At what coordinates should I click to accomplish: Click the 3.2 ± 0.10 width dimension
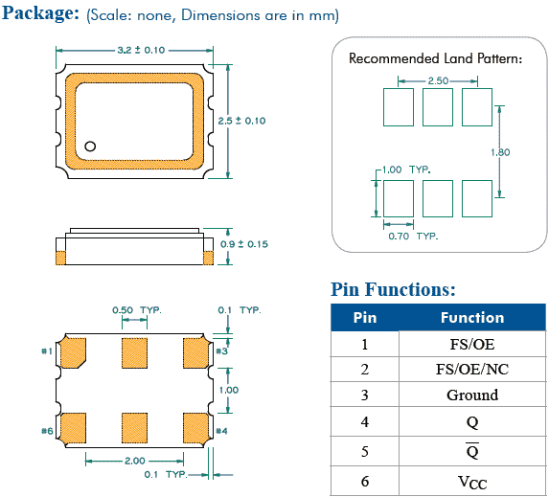pos(141,50)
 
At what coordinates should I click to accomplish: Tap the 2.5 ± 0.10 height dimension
pos(241,121)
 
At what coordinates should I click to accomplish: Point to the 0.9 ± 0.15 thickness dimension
pos(244,244)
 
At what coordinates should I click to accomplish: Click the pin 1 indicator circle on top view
pos(90,146)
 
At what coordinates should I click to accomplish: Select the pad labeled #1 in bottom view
pos(73,352)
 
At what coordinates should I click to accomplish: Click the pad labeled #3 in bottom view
pos(195,352)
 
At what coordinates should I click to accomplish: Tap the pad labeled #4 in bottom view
pos(195,428)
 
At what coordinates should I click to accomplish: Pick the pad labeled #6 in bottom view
pos(73,428)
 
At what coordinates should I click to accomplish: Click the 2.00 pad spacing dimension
pos(135,461)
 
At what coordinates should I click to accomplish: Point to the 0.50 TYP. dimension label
pos(137,310)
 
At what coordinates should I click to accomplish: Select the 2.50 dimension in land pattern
pos(438,80)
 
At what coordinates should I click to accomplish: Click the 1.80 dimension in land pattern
pos(500,152)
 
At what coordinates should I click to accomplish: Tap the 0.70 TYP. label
pos(413,237)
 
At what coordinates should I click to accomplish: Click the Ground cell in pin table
pos(472,395)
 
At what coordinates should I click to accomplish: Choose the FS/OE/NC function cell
pos(472,370)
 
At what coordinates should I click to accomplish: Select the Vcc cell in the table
pos(472,482)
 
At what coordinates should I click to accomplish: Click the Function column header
pos(472,318)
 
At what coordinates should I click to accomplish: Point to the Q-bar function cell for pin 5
pos(472,451)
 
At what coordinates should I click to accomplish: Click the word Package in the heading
pos(41,13)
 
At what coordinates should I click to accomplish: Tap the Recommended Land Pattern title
pos(435,58)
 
